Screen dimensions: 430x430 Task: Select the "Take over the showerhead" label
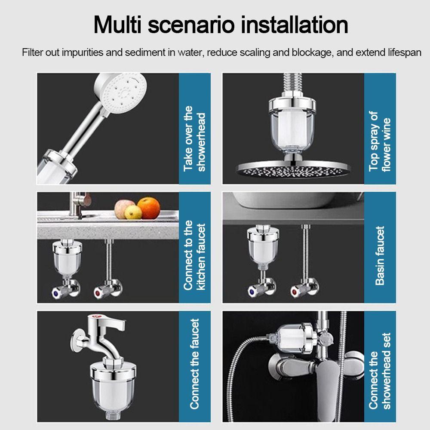(x=195, y=138)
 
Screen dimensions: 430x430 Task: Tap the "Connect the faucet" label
(x=195, y=364)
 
